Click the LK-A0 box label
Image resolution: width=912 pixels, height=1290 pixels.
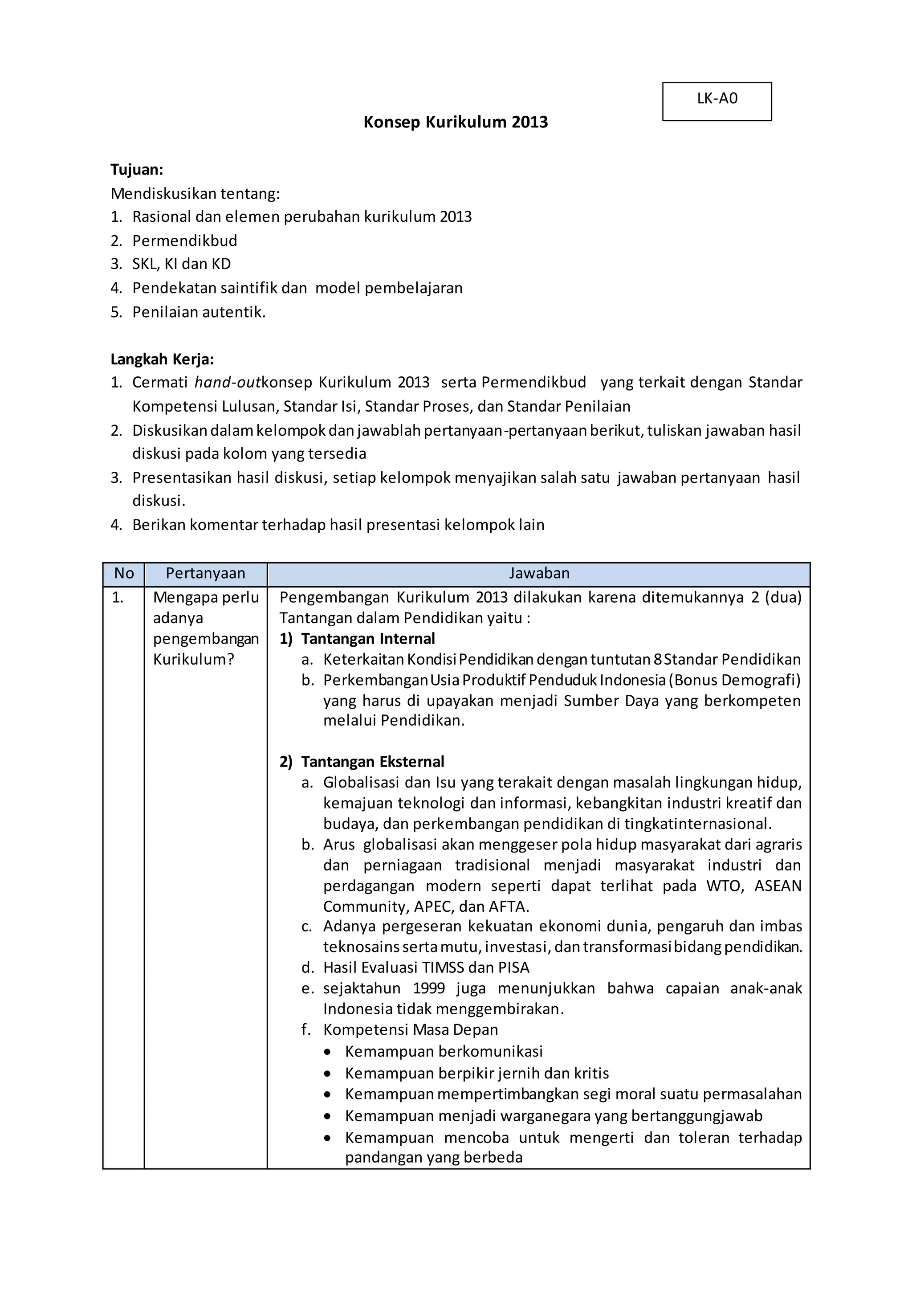[x=717, y=99]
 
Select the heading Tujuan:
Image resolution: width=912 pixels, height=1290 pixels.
[x=136, y=170]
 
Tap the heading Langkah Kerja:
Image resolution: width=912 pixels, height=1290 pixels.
[x=162, y=359]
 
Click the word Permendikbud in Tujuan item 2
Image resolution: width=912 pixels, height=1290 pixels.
[x=184, y=241]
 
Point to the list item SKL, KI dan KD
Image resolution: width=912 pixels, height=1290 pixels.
[x=181, y=264]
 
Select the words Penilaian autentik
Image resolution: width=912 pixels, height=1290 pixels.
[x=198, y=312]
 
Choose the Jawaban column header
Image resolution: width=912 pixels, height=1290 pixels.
[x=538, y=574]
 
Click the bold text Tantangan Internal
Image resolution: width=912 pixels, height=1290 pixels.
[x=367, y=639]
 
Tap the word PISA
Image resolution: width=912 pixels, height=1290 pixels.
[x=513, y=967]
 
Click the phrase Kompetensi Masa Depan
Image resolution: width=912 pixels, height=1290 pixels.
[x=410, y=1030]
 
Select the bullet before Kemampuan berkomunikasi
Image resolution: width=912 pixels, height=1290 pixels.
[x=327, y=1052]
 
